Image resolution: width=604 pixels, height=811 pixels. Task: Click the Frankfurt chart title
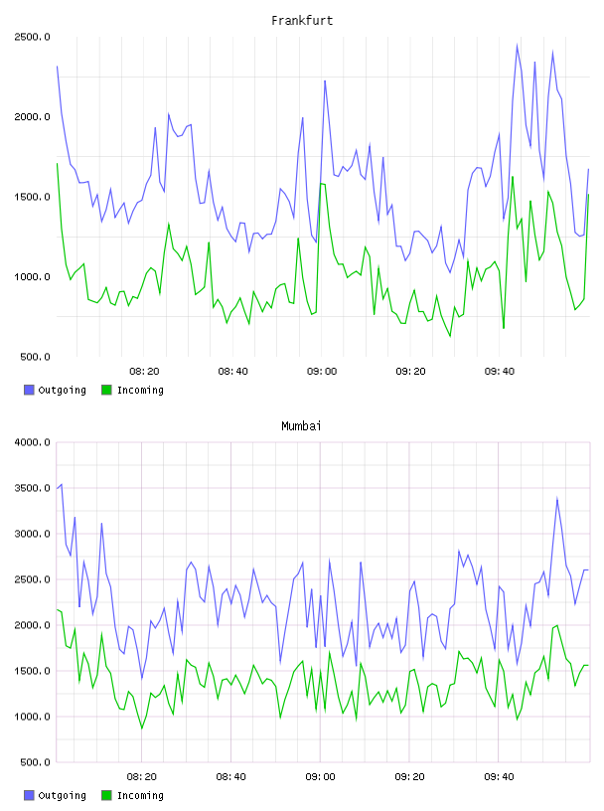pos(302,20)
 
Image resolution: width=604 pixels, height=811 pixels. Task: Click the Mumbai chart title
pos(301,425)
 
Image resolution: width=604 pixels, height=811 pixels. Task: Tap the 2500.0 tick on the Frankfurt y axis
pos(32,37)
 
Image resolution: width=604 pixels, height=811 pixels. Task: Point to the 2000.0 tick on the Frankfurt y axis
pos(32,117)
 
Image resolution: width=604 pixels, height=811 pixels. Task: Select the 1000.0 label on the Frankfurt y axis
pos(32,276)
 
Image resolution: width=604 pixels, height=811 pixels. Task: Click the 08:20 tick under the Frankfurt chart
pos(144,371)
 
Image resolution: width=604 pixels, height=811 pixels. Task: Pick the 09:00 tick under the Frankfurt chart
pos(322,371)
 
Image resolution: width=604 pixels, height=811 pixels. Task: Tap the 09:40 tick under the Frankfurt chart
pos(500,371)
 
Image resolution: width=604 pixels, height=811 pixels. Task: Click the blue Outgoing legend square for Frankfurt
pos(29,390)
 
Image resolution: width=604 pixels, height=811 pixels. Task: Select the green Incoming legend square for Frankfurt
pos(106,390)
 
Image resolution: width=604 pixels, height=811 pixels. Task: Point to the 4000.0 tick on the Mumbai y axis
pos(32,442)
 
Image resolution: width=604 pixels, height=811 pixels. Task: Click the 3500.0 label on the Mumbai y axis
pos(32,488)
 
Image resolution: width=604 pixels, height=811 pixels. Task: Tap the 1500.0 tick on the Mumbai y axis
pos(32,671)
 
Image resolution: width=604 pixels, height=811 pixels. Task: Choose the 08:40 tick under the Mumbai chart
pos(231,776)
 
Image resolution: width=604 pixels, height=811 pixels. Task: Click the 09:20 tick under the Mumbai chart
pos(409,776)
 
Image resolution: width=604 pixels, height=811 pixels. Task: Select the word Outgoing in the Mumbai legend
pos(62,795)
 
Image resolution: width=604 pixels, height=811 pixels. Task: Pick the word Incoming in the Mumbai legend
pos(140,795)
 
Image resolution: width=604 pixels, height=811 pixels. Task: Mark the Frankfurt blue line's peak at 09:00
pos(325,81)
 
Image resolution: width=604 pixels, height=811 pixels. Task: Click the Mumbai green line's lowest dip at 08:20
pos(142,729)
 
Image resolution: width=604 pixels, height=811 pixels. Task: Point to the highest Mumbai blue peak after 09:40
pos(557,498)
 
